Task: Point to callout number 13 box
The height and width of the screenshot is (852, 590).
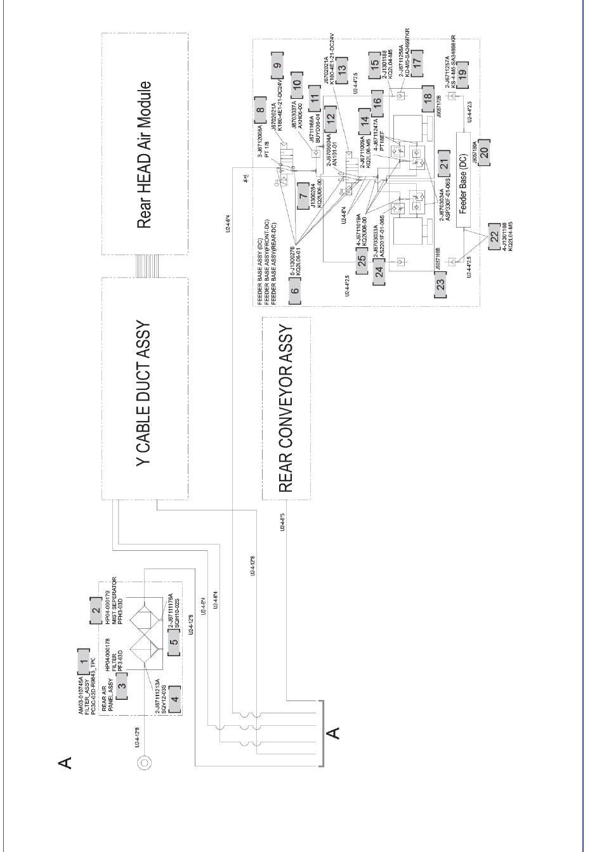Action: (342, 68)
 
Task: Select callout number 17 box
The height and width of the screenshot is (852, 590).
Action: (416, 68)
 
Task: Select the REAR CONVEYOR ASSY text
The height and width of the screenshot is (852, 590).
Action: (285, 408)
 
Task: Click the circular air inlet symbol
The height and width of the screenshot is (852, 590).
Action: (144, 761)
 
